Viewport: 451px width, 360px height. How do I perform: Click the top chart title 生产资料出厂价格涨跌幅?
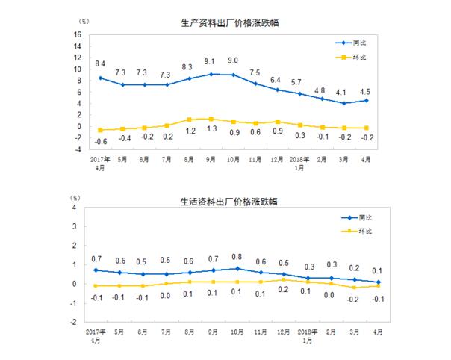(x=225, y=24)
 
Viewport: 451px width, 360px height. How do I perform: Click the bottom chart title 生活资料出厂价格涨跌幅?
(x=225, y=201)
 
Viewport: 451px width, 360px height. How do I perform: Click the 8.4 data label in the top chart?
(x=101, y=63)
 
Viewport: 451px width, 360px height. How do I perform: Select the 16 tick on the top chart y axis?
(x=77, y=35)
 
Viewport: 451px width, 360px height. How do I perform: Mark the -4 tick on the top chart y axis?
(x=77, y=149)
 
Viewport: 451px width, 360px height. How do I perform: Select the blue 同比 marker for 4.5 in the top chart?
(x=366, y=100)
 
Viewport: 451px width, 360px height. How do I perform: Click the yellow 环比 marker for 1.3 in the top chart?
(x=211, y=119)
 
